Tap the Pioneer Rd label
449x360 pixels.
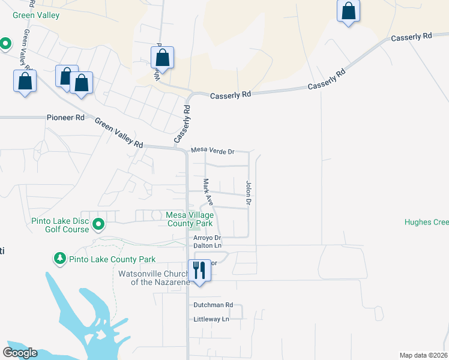[x=65, y=118]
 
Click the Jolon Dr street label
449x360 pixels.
[x=248, y=193]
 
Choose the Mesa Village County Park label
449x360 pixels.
[x=189, y=219]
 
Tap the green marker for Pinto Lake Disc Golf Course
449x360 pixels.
[x=98, y=226]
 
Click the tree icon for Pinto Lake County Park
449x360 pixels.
[x=59, y=259]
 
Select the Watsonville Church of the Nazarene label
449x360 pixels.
[x=154, y=278]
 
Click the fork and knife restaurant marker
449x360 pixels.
[x=200, y=270]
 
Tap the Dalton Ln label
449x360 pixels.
[x=207, y=245]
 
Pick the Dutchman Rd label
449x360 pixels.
[x=212, y=305]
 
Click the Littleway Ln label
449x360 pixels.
[x=211, y=319]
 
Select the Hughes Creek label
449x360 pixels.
[x=426, y=222]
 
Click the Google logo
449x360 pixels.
[x=20, y=353]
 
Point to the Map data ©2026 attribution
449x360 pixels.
[x=423, y=355]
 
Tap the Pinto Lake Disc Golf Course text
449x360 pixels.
[x=60, y=226]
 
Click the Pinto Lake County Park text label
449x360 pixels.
[x=112, y=259]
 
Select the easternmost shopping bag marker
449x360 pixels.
[x=349, y=11]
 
